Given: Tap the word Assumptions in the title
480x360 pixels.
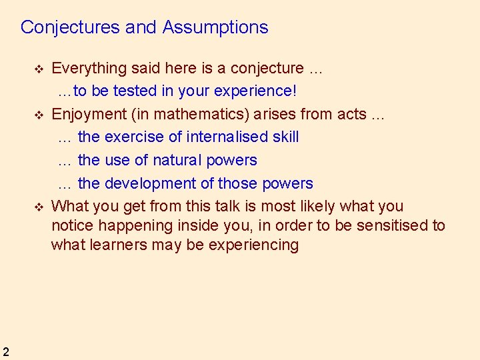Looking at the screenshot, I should tap(215, 27).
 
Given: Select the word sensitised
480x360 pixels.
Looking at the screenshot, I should tap(393, 225).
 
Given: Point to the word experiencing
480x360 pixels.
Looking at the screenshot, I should tap(253, 245).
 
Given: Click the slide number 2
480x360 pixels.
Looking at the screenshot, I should tap(5, 352).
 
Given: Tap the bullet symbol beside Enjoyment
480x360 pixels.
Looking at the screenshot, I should tap(39, 115).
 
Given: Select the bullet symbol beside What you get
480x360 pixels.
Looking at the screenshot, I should tap(39, 207).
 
